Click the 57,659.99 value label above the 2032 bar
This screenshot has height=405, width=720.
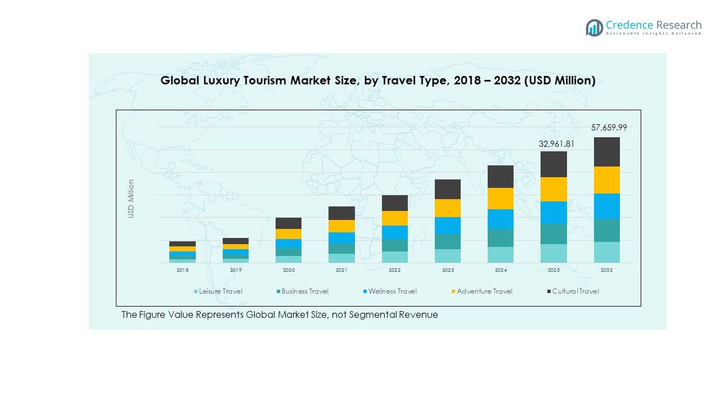(609, 128)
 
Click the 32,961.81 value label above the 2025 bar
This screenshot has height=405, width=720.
(556, 143)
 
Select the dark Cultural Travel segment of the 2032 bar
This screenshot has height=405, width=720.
(606, 152)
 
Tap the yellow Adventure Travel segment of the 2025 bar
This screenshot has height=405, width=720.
(553, 189)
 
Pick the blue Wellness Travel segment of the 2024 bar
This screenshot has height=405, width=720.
(500, 219)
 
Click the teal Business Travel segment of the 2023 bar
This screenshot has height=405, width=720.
(447, 241)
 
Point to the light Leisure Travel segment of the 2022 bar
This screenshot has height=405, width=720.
(394, 256)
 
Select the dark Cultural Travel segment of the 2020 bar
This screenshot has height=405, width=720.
(289, 223)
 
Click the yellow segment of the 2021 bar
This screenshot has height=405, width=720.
(341, 226)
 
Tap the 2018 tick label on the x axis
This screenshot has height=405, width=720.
(182, 271)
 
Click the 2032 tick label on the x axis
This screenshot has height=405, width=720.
(606, 271)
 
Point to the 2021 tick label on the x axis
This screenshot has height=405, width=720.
(341, 271)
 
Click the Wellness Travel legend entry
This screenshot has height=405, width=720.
(392, 291)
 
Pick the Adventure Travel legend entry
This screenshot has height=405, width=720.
(484, 291)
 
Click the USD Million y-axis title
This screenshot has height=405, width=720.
(131, 199)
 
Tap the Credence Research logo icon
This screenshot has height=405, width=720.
(594, 28)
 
